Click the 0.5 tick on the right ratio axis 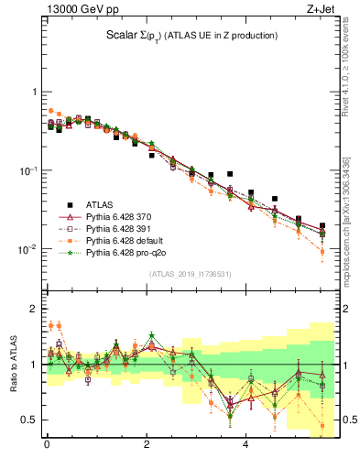346,420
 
